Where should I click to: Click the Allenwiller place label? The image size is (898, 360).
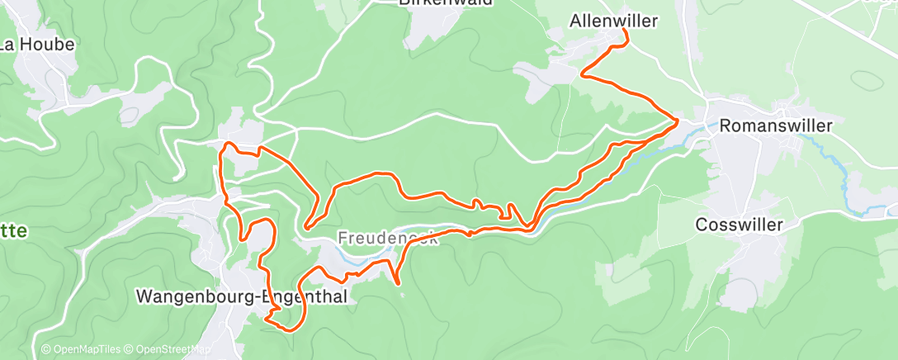(x=613, y=21)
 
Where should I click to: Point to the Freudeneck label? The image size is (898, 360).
(x=376, y=238)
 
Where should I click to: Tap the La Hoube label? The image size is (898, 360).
(x=37, y=45)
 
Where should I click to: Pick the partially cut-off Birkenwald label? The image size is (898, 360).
(x=446, y=3)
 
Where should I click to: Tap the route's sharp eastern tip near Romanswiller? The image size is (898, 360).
(x=678, y=121)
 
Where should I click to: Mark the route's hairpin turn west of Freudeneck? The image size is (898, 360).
(x=306, y=225)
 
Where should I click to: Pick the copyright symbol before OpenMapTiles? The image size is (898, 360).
(x=46, y=349)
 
